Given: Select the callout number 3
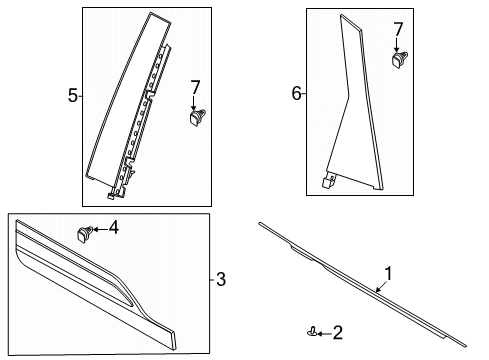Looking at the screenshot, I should (222, 279).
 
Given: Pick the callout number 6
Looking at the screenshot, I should (297, 94).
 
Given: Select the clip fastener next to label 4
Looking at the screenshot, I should (84, 235).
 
